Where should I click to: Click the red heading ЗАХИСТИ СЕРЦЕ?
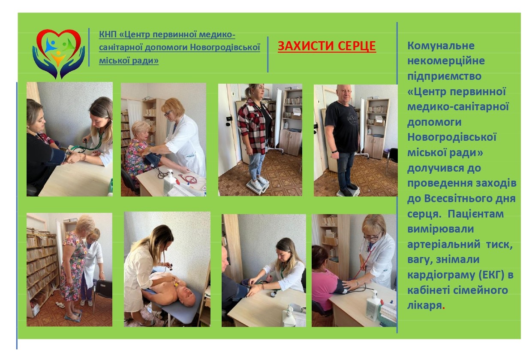327,46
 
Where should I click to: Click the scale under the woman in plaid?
258,185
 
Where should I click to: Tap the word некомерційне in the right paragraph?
446,61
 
